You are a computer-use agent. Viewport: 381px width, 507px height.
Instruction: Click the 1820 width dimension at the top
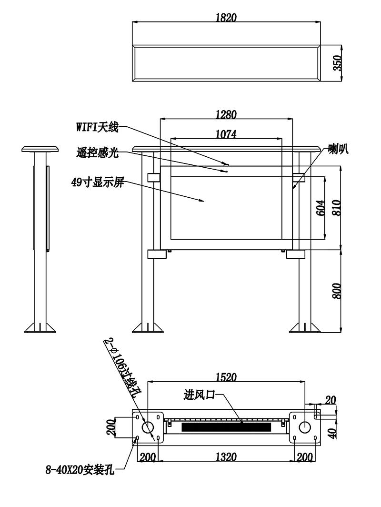point(226,17)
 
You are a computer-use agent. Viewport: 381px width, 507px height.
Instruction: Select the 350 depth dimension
point(337,63)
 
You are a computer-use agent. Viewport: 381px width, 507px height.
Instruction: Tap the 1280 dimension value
point(226,114)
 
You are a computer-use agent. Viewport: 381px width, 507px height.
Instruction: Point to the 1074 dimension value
point(226,134)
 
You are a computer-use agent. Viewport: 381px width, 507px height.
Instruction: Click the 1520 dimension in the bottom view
point(226,377)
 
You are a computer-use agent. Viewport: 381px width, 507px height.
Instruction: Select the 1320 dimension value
point(226,456)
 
